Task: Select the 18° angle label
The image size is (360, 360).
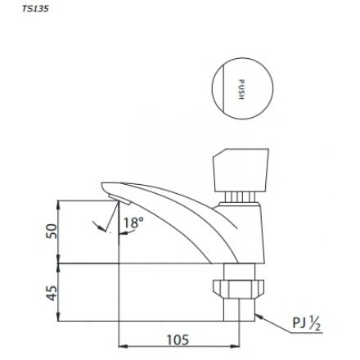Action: coord(133,223)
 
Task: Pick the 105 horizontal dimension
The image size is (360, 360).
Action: coord(178,339)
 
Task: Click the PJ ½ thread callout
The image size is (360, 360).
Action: coord(308,325)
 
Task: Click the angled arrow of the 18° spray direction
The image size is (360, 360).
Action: coord(102,227)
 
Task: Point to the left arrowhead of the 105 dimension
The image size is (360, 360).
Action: coord(124,346)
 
